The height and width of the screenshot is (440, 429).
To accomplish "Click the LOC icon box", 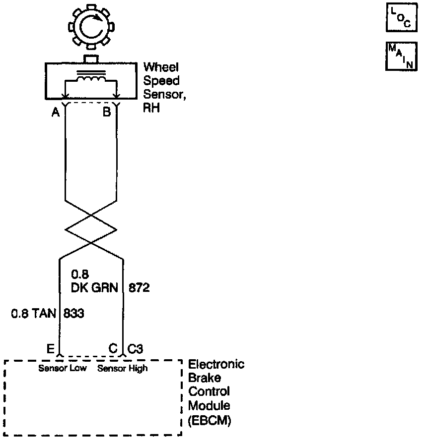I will point(400,18).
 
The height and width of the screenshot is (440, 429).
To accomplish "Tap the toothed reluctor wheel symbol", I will point(90,28).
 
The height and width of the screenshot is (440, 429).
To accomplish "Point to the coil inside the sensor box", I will point(90,80).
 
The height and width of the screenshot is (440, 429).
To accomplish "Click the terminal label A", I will point(56,112).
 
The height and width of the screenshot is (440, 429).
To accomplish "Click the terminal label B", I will point(107,112).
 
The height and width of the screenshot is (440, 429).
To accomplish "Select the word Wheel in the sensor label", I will point(161,67).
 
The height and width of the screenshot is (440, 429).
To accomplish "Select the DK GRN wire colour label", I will point(97,287).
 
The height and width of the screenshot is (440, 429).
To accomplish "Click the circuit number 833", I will point(73,314).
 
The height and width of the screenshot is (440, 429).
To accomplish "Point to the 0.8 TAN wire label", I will point(32,314).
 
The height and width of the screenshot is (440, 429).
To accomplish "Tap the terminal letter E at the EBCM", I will point(50,349).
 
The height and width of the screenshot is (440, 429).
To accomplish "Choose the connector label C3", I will point(136,349).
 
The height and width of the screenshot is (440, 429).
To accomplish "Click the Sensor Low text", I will point(63,368).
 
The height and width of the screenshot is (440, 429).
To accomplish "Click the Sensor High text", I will point(122,368).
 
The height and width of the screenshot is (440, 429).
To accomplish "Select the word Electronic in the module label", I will point(216,365).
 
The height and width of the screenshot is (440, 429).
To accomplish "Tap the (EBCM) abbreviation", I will point(210,421).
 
